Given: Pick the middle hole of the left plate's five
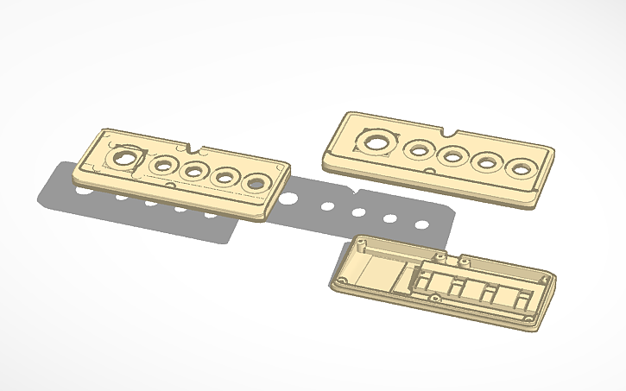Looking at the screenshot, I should coord(193,171).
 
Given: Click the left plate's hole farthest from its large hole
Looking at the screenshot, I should coord(256,183).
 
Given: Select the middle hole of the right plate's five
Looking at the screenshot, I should coord(452,156).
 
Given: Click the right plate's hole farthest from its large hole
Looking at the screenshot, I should coord(521,168).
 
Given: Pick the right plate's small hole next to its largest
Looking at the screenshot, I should coord(418,150).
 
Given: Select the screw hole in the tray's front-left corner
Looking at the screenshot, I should coord(343,282).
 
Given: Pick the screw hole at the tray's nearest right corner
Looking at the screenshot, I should coord(527,318).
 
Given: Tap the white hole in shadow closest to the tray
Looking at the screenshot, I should coord(421,225).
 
